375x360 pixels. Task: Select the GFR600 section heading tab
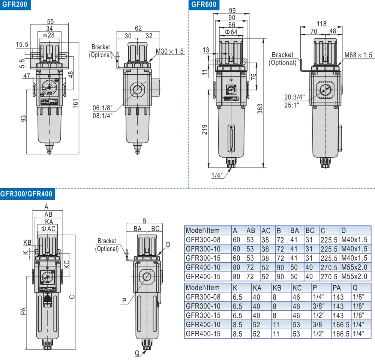[204, 5]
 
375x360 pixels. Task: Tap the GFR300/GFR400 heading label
[26, 194]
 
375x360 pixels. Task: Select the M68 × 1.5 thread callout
[358, 55]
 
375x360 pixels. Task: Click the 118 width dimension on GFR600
[321, 23]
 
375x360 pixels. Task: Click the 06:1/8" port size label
[102, 108]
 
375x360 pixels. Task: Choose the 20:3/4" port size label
[294, 97]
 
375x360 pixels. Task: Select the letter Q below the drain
[137, 352]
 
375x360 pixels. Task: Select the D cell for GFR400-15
[354, 276]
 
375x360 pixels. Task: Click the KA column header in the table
[257, 288]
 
